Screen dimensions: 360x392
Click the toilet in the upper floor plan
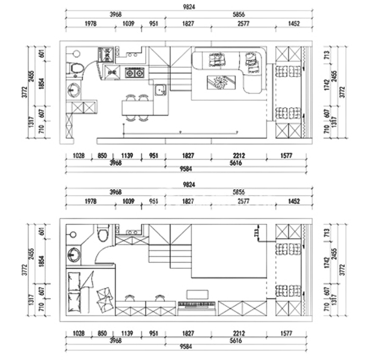75,67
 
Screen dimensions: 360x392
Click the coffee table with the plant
218,82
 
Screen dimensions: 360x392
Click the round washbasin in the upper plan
73,91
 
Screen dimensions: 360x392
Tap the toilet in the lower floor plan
103,233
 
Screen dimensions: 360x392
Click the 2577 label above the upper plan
243,24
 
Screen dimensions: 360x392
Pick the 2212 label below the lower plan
239,333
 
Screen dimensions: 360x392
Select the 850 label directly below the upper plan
102,156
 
